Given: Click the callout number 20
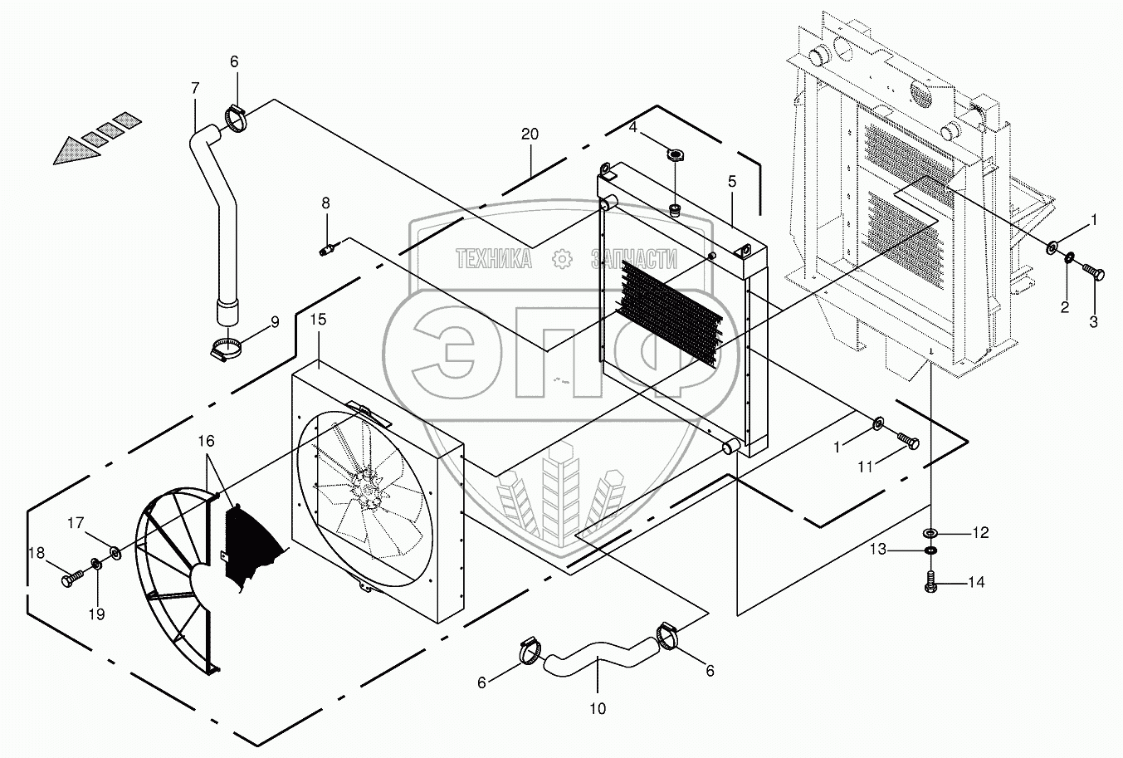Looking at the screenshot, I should pos(530,134).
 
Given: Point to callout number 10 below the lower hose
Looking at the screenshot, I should pos(598,708).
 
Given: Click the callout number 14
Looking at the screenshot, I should pos(975,583).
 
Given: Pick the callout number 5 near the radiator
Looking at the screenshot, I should pos(731,181).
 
